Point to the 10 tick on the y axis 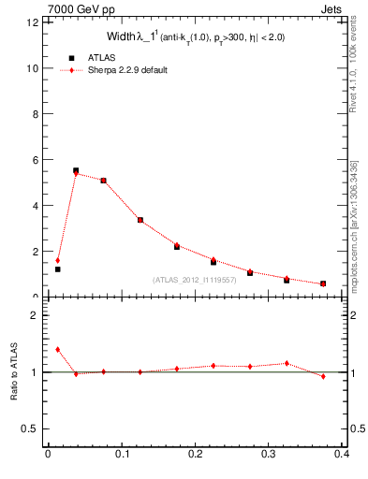[35, 68]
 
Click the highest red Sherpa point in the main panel [76, 174]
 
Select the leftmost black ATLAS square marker [57, 269]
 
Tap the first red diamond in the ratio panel [57, 349]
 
